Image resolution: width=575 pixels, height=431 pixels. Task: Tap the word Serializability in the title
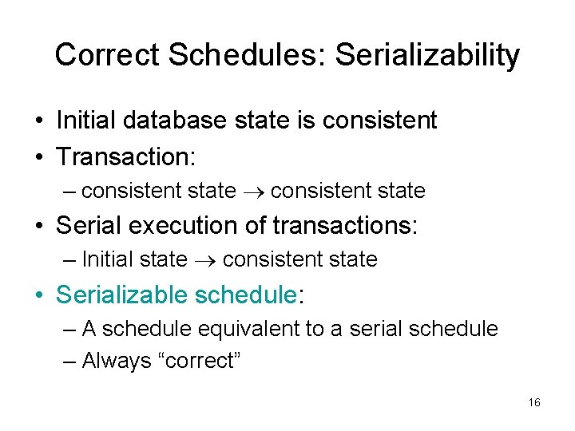pos(427,55)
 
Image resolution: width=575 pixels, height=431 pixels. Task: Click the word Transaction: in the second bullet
pos(125,156)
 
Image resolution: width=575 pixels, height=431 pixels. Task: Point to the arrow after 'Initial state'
pos(205,259)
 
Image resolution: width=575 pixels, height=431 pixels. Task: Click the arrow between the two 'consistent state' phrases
pos(253,192)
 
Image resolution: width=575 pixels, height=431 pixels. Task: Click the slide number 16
pos(534,402)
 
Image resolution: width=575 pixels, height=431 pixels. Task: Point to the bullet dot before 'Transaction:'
pos(38,156)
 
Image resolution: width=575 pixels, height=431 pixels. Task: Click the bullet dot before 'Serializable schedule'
pos(38,295)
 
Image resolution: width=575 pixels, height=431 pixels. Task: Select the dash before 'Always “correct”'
pos(69,361)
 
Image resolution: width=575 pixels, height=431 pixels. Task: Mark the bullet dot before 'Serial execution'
pos(38,226)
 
